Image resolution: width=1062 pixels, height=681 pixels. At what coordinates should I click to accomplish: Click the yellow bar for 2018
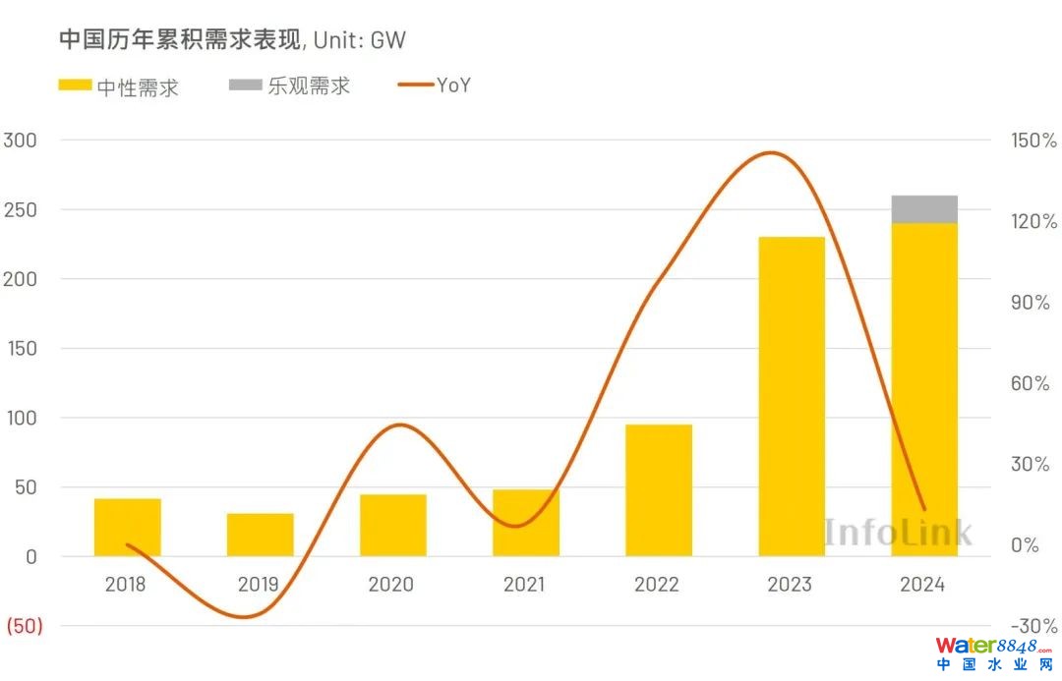coord(127,527)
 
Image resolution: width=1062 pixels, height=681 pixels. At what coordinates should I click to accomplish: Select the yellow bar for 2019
coord(260,535)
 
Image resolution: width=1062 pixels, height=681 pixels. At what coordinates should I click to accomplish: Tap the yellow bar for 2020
coord(392,525)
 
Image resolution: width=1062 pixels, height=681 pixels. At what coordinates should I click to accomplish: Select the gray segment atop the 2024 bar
coord(924,209)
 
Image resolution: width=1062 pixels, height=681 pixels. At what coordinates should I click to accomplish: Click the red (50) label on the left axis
coord(25,626)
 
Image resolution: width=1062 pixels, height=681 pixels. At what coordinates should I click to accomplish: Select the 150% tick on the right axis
coord(1033,141)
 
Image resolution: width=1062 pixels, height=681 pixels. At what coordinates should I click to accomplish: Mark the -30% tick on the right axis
coord(1033,626)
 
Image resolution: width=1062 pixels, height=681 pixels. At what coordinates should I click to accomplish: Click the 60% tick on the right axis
coord(1033,383)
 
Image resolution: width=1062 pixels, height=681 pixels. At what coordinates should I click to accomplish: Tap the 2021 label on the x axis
coord(524,585)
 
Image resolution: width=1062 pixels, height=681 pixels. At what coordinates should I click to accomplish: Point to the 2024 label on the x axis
coord(922,585)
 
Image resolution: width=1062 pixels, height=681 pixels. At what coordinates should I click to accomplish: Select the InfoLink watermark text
coord(897,532)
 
